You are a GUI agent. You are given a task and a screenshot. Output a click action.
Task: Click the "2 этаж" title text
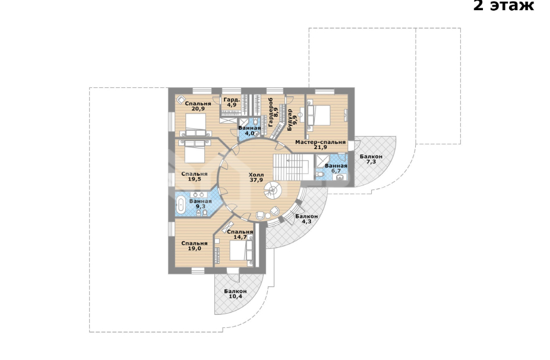(503, 5)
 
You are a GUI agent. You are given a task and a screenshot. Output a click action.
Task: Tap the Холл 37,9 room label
(257, 178)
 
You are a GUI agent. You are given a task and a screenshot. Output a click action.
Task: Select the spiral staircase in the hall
(273, 191)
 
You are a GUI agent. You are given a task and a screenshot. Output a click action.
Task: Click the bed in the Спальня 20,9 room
(195, 124)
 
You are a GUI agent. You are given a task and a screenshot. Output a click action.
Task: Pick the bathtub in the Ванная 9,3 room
(181, 205)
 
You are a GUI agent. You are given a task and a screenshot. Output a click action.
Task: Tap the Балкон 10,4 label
(235, 293)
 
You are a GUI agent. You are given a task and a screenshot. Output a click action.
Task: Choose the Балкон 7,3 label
(371, 159)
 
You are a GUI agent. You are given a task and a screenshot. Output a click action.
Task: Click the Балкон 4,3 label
(306, 219)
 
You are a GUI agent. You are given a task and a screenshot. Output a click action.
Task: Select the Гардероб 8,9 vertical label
(273, 112)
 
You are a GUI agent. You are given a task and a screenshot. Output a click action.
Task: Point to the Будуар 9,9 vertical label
(292, 120)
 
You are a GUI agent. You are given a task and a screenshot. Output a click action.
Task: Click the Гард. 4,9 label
(232, 102)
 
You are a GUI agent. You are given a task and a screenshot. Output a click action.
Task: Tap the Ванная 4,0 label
(249, 131)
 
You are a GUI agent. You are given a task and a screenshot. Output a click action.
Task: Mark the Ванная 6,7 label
(336, 168)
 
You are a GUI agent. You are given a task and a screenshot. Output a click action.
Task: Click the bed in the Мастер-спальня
(319, 115)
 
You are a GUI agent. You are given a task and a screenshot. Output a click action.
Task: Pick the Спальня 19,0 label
(194, 245)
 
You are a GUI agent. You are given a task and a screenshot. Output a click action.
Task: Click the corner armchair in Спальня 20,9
(181, 100)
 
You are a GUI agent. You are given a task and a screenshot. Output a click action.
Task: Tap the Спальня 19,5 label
(194, 176)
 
